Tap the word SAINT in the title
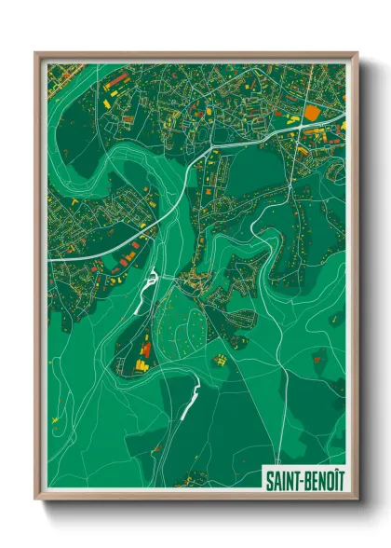[283, 479]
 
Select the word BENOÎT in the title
[321, 479]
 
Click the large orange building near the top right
[312, 113]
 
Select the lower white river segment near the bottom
[190, 401]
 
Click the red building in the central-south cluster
[146, 349]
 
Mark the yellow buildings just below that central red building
[142, 365]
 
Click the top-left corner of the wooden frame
[36, 53]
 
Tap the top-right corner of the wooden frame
[357, 53]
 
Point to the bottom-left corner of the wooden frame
[36, 499]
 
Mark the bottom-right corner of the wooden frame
[357, 499]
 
